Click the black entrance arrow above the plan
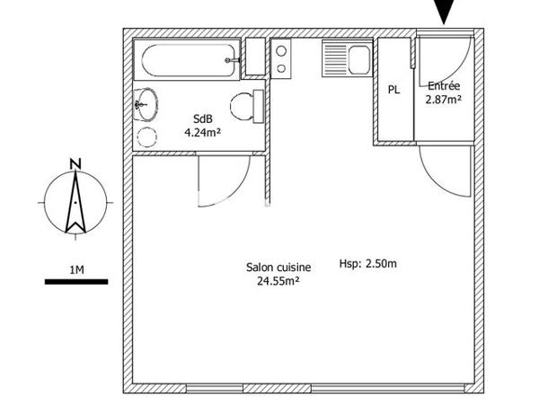click(x=444, y=11)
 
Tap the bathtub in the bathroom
click(x=188, y=60)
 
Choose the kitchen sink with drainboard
click(x=346, y=61)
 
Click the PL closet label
click(x=393, y=90)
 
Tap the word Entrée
click(x=443, y=86)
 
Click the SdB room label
click(x=202, y=119)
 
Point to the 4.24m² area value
click(x=202, y=132)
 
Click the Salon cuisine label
click(x=278, y=267)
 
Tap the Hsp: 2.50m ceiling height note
click(x=367, y=264)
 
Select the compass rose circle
click(x=76, y=203)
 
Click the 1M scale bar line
click(x=76, y=283)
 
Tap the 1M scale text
click(x=76, y=269)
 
